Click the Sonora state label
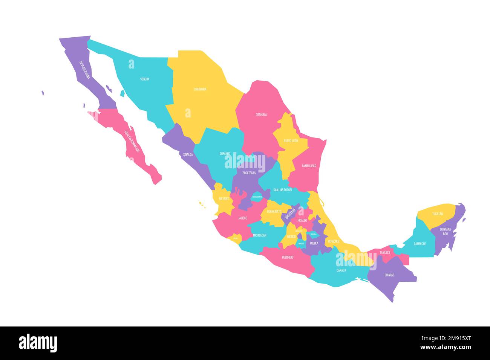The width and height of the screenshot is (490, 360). pos(145,79)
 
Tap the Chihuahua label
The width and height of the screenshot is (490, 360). pos(200,89)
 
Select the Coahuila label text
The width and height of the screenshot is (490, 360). pos(261,114)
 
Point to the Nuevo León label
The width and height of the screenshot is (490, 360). pos(291,140)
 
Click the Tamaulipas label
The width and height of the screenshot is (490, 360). pos(309,166)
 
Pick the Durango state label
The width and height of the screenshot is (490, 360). pos(225,154)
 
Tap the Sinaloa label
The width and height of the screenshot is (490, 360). pos(188,154)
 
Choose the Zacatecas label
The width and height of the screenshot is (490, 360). pos(249,173)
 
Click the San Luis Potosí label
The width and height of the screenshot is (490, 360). pos(283,190)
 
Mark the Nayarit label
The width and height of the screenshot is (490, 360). pos(224,198)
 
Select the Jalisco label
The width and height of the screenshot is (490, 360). pos(242,218)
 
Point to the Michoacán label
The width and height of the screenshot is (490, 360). pos(259,235)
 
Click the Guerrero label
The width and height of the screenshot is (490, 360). pos(288,258)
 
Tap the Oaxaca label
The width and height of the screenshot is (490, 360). pos(341,270)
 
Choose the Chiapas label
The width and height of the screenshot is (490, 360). pos(389,275)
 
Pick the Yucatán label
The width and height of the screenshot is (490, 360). pos(438,214)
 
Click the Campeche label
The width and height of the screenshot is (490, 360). pos(420,244)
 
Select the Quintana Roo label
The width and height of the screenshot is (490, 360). pos(445,231)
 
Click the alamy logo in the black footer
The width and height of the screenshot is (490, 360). pos(38,343)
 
